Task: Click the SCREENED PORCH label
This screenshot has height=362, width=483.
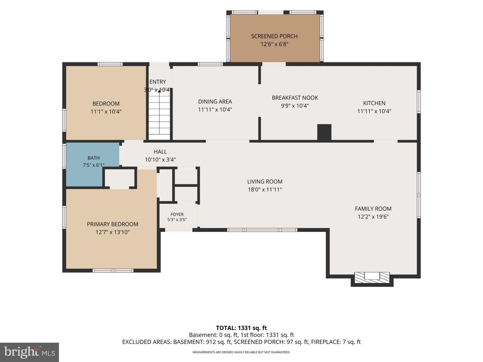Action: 274,36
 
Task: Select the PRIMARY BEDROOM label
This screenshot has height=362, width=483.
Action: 112,224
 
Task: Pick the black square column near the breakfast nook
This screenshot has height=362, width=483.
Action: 324,132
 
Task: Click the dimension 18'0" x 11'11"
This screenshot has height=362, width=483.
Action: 265,190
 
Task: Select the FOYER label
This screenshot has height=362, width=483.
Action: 177,214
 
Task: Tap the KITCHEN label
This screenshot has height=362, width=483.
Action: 374,103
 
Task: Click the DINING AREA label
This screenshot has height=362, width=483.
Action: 215,102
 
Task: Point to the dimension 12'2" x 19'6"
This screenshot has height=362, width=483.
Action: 373,217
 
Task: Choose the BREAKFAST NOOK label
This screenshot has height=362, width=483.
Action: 295,98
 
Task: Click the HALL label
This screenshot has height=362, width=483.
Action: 160,152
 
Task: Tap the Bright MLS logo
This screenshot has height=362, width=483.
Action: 30,352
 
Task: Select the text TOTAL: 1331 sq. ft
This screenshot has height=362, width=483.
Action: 241,328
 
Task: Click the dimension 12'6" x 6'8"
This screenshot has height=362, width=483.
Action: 274,44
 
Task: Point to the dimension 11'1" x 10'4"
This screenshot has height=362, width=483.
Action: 106,112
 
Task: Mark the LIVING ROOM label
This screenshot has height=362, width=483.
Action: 265,182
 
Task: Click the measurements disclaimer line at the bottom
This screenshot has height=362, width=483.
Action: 241,352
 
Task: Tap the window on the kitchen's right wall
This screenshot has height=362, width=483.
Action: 419,102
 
